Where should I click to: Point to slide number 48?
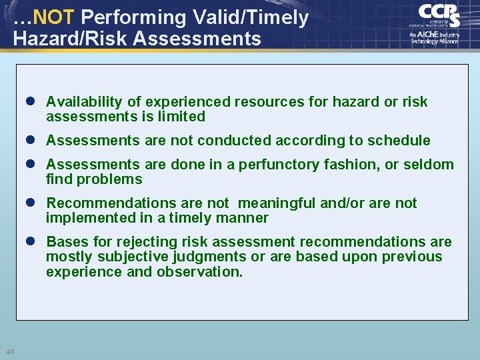click(10, 352)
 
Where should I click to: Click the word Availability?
click(84, 102)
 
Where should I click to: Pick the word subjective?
click(125, 257)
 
